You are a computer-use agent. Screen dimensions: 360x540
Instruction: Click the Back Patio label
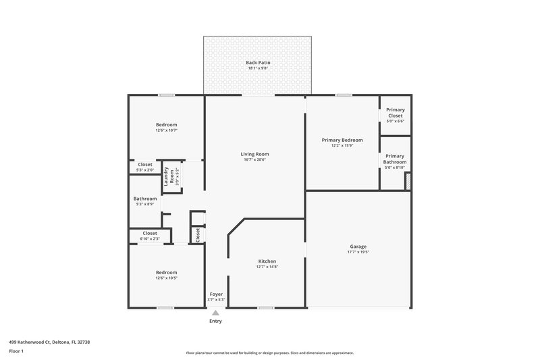[258, 63]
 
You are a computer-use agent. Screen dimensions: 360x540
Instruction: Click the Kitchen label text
[267, 261]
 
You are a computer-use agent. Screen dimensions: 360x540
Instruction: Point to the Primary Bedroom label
[342, 140]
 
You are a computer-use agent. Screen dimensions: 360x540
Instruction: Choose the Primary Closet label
[396, 112]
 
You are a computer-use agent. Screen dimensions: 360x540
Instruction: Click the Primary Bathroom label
[396, 159]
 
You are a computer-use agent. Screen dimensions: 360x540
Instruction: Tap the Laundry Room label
[169, 177]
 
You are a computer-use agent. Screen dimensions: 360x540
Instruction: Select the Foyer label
[216, 294]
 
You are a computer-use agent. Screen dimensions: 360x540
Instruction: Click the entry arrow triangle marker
[215, 312]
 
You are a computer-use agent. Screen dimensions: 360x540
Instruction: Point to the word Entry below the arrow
[215, 321]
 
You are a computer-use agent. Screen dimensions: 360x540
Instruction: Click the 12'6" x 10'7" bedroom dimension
[167, 130]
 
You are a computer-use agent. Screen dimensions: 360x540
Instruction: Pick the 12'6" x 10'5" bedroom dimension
[167, 278]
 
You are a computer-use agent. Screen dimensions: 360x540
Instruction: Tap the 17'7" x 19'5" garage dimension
[358, 252]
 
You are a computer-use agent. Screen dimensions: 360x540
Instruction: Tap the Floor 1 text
[16, 351]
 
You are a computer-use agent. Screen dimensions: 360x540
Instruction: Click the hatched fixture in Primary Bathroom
[407, 181]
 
